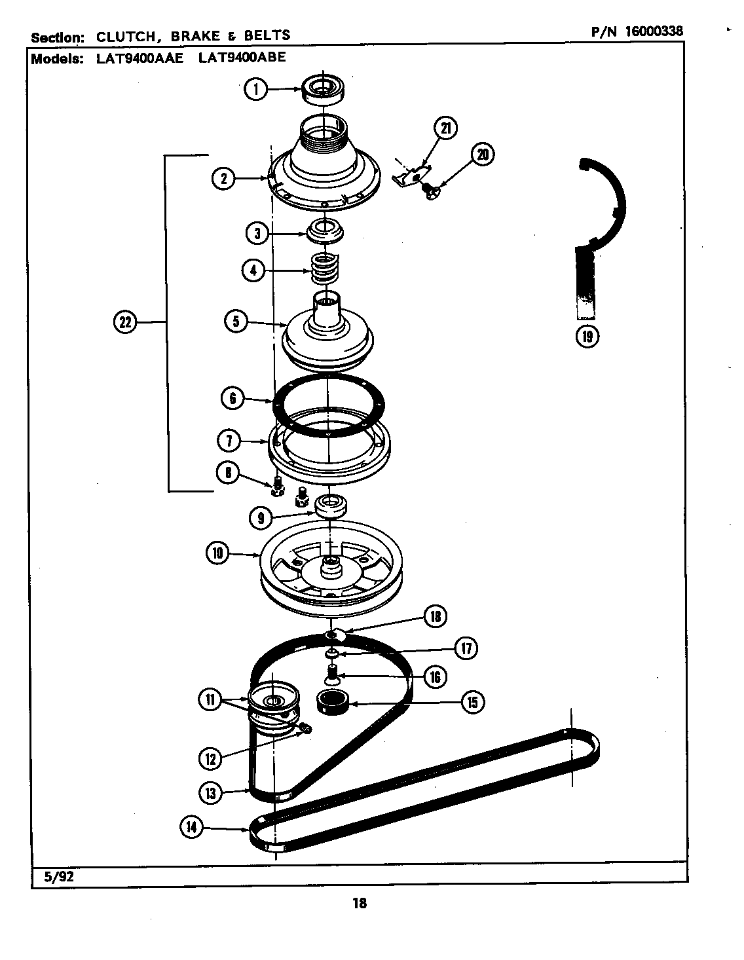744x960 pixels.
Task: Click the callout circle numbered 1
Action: [x=255, y=89]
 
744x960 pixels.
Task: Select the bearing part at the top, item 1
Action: [x=324, y=88]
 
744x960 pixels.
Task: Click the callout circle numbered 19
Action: [x=586, y=336]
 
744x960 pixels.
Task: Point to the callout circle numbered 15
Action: [x=472, y=703]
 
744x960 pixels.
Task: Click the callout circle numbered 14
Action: [x=192, y=828]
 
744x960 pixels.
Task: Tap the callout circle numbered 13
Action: [x=211, y=793]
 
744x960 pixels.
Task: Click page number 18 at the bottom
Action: [x=359, y=904]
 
